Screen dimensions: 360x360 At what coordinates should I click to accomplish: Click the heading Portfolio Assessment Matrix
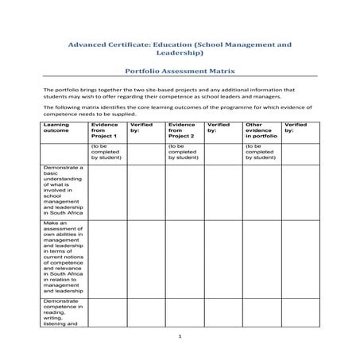(180, 70)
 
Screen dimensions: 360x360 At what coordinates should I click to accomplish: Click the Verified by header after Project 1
(141, 127)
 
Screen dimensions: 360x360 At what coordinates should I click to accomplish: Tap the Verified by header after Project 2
(218, 127)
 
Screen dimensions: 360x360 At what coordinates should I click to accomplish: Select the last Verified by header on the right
(295, 127)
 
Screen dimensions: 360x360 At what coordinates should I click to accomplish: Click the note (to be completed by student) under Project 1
(106, 152)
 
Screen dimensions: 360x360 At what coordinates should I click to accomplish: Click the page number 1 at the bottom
(180, 337)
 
